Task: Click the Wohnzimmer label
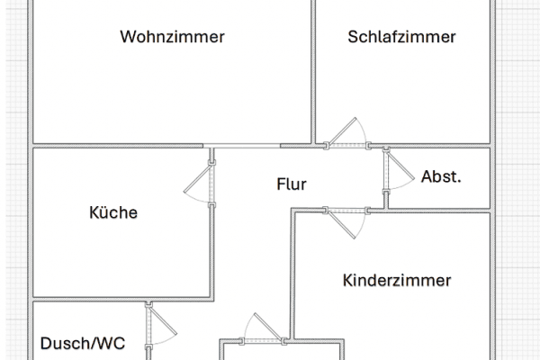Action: click(172, 37)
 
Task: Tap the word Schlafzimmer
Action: click(402, 37)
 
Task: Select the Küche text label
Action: click(113, 213)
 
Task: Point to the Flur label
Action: click(292, 185)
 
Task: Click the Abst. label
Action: click(441, 176)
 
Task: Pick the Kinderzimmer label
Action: click(397, 281)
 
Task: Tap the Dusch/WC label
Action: click(82, 343)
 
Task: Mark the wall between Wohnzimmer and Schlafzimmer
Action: click(313, 72)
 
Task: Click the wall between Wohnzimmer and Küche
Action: click(117, 145)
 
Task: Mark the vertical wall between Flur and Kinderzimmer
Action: click(292, 270)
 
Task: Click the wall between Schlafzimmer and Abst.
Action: click(432, 144)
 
